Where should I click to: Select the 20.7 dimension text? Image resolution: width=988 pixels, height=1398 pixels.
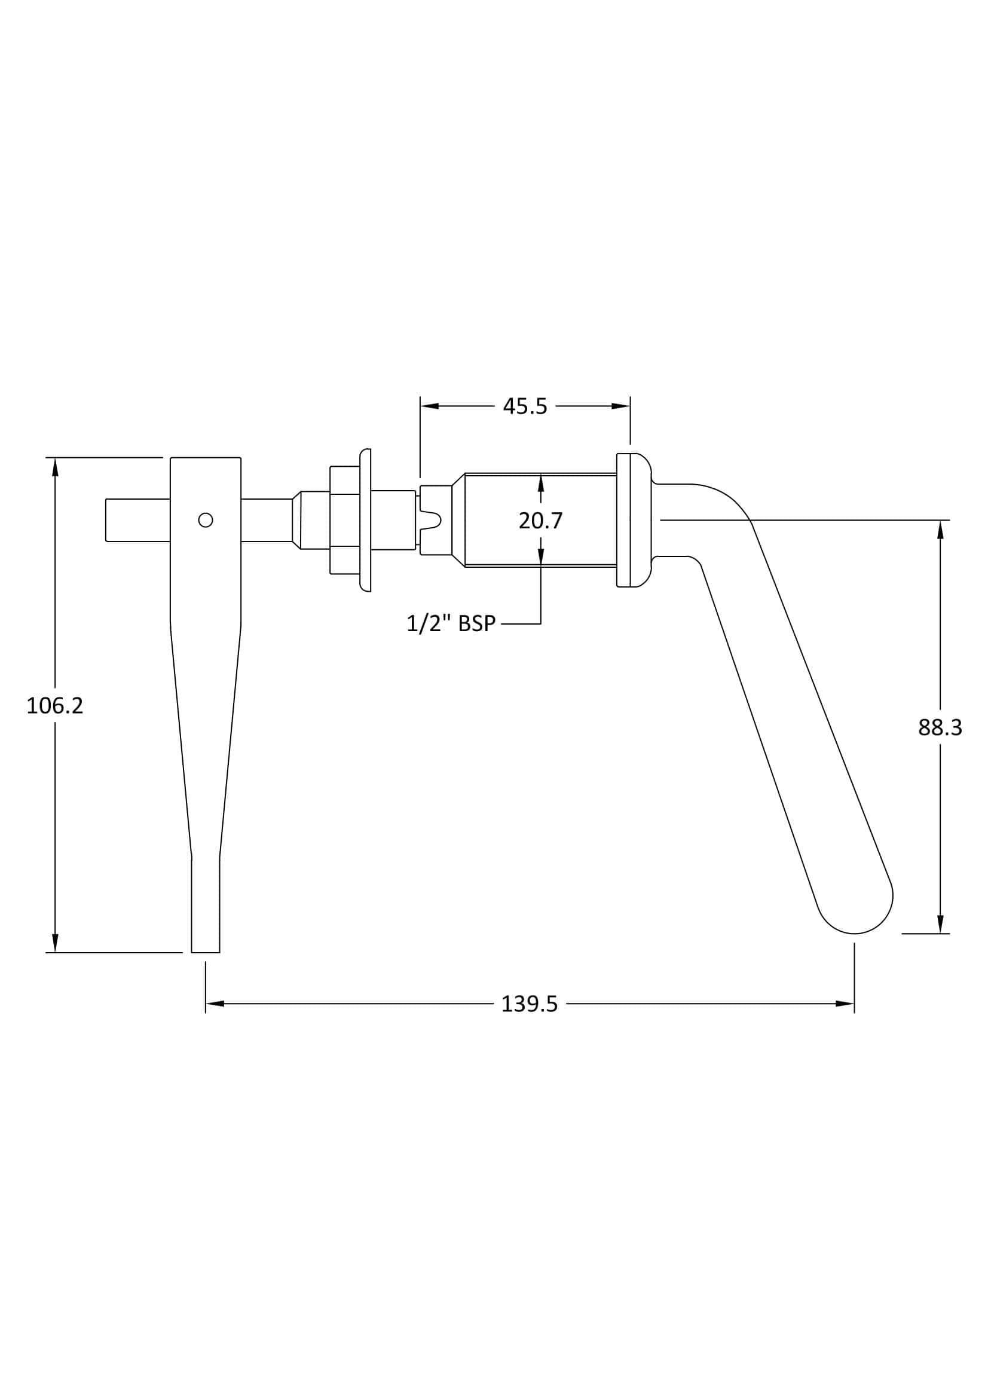point(540,521)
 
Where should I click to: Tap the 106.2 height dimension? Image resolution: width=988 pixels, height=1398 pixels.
point(55,706)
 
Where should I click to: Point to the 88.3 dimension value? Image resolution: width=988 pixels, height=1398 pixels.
point(940,727)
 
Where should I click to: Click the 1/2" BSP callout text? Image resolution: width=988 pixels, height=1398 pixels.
point(451,623)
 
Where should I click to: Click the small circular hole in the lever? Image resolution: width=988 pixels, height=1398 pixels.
point(206,520)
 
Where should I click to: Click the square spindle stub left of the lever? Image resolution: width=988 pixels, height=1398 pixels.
point(137,520)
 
